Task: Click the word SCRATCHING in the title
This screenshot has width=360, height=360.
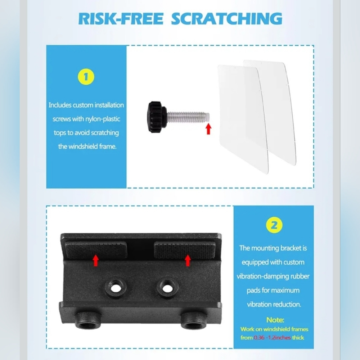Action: pos(226,19)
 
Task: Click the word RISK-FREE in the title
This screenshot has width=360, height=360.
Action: pos(121,19)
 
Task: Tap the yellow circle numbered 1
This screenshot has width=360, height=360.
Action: pos(86,77)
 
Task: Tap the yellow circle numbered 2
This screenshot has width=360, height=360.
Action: pos(274,225)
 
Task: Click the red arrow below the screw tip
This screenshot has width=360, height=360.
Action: pos(208,129)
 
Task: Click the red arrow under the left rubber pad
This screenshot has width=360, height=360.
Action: pos(95,260)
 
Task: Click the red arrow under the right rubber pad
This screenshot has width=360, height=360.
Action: pos(188,260)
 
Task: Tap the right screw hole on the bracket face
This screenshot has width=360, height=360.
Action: pos(167,287)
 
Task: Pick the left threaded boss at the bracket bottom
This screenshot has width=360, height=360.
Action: pos(86,321)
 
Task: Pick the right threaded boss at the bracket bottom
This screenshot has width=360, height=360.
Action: pos(192,321)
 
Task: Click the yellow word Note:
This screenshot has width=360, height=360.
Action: pos(275,320)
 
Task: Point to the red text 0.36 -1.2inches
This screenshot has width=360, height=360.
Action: pos(272,338)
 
